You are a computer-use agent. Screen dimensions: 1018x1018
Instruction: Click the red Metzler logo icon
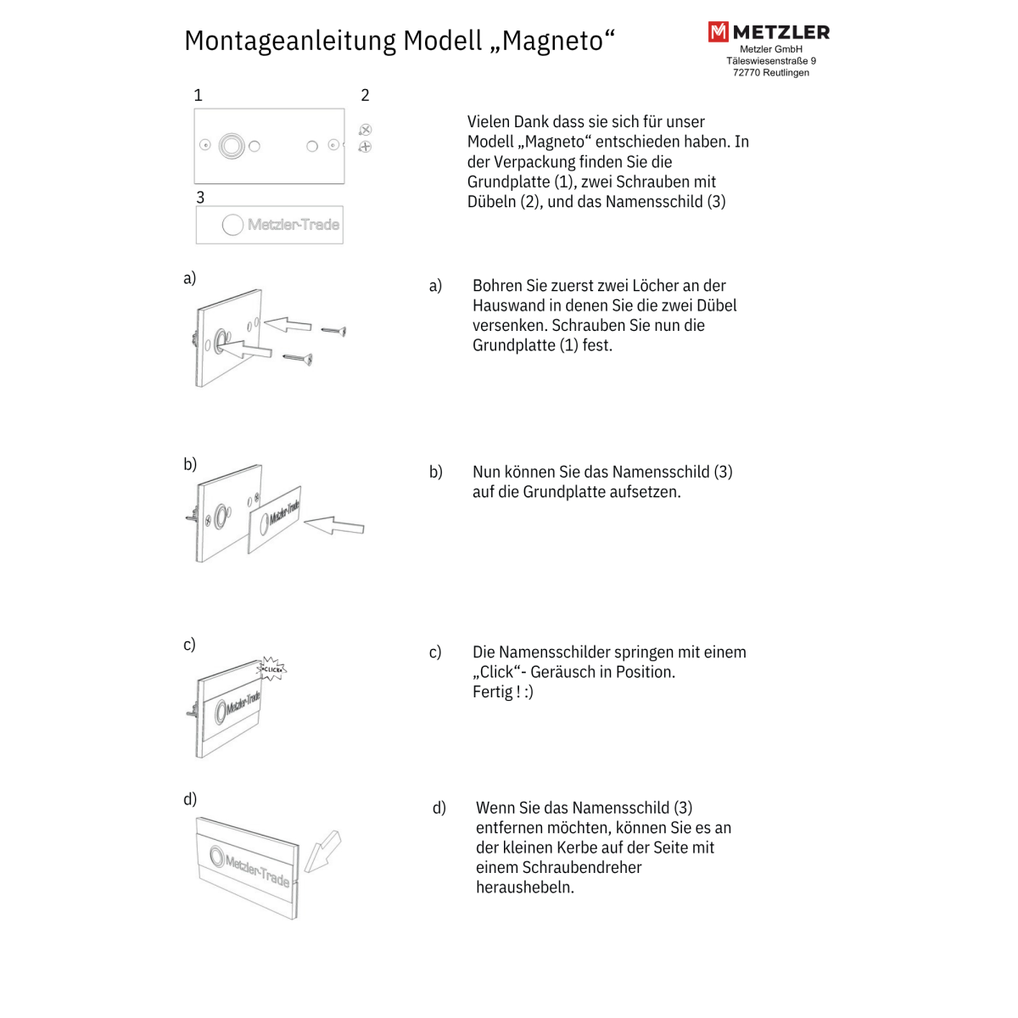(x=718, y=32)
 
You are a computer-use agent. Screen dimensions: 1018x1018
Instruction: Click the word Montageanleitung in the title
(x=290, y=41)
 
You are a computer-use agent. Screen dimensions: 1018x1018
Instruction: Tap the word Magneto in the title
(x=552, y=41)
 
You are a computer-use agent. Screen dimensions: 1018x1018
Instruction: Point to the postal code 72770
(x=747, y=73)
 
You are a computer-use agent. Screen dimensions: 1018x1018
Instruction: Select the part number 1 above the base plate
(x=199, y=95)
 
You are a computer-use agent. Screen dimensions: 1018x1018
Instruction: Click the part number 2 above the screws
(x=365, y=95)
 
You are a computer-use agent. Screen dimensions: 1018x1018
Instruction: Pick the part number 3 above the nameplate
(x=200, y=197)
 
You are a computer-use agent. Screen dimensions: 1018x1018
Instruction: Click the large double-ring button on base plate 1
(x=232, y=146)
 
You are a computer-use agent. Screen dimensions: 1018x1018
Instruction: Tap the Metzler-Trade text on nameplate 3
(x=293, y=225)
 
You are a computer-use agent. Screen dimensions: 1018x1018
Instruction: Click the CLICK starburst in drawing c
(x=272, y=669)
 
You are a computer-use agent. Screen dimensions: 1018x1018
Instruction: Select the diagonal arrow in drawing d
(x=322, y=852)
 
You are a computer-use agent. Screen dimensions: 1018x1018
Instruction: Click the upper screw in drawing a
(x=333, y=330)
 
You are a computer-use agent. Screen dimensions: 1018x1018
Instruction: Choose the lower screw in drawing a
(x=298, y=359)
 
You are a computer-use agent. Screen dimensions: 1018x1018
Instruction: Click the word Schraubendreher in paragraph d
(x=559, y=867)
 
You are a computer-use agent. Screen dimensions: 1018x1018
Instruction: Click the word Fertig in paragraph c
(x=492, y=692)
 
